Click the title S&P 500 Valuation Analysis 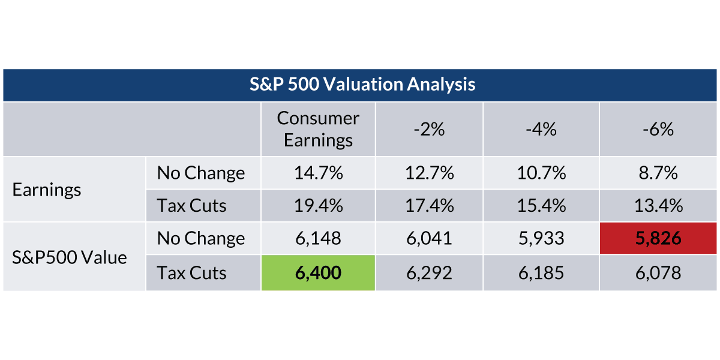[x=362, y=85]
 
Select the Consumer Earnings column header [x=318, y=129]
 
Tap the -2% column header [x=429, y=129]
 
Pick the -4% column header [x=541, y=129]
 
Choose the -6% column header [x=658, y=129]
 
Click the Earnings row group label [x=47, y=190]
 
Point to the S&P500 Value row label [x=70, y=257]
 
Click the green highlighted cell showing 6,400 [x=318, y=273]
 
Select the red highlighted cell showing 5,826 [x=658, y=238]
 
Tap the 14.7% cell [x=318, y=173]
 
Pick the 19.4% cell [x=318, y=206]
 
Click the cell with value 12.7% [x=429, y=173]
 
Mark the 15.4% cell [x=541, y=206]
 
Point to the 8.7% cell [x=658, y=173]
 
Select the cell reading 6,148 [x=318, y=238]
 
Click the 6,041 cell [x=429, y=238]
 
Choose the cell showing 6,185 [x=541, y=273]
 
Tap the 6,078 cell [x=658, y=273]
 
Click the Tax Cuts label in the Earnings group [x=191, y=206]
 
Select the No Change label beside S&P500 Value [x=200, y=238]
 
